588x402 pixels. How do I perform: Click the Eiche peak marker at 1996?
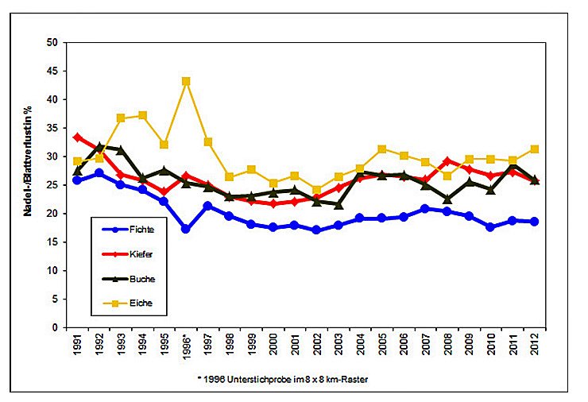click(186, 81)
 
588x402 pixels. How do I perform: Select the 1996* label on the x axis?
click(186, 347)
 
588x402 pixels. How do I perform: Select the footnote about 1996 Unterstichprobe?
click(284, 379)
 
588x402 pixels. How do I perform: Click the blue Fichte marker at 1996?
click(186, 229)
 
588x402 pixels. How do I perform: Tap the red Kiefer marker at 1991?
click(78, 137)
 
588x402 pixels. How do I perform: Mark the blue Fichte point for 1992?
click(99, 173)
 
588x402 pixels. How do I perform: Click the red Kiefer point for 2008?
click(447, 161)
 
